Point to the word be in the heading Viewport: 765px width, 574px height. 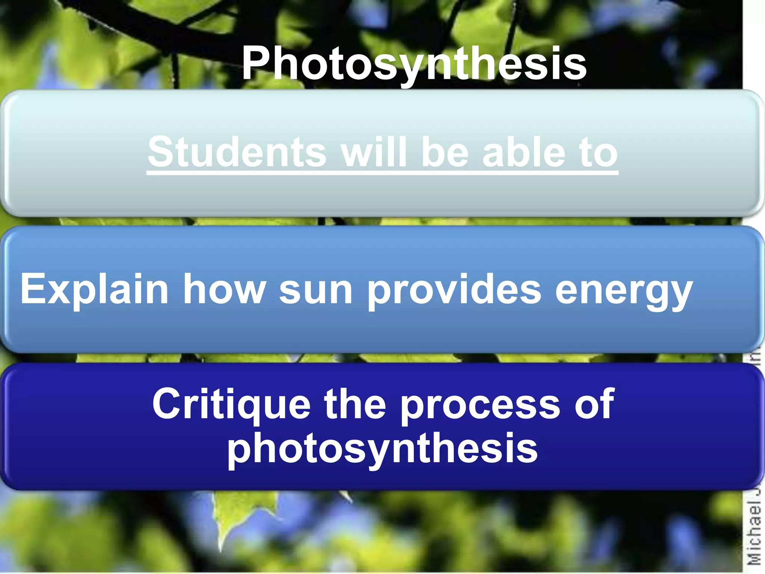tap(445, 152)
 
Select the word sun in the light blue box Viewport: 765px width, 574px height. tap(316, 290)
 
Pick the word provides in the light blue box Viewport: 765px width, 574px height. tap(454, 290)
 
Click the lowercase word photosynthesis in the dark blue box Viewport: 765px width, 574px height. tap(382, 448)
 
